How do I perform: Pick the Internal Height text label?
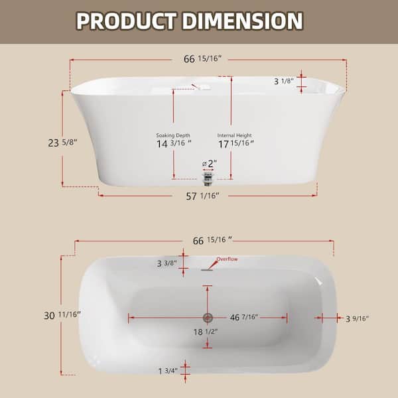[x=235, y=135]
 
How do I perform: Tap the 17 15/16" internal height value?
[x=235, y=144]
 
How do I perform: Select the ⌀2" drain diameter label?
[x=208, y=164]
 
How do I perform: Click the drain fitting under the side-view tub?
[x=209, y=178]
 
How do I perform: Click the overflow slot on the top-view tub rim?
[x=208, y=268]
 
